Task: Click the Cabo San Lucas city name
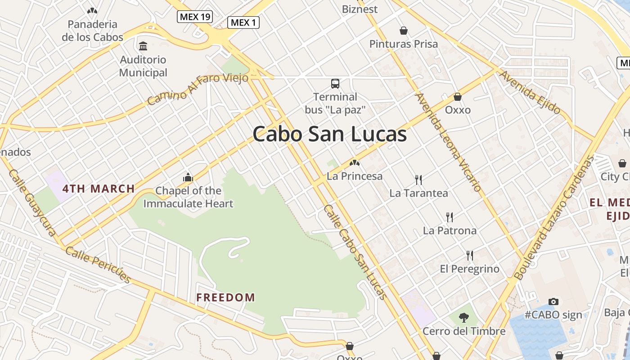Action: pyautogui.click(x=329, y=134)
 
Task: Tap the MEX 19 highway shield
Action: pyautogui.click(x=195, y=17)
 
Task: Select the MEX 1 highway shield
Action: pyautogui.click(x=243, y=22)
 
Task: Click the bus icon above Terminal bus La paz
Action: pyautogui.click(x=335, y=83)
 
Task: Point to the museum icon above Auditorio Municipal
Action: pyautogui.click(x=143, y=46)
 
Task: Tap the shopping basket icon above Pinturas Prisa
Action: pyautogui.click(x=404, y=31)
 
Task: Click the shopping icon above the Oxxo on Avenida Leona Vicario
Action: pyautogui.click(x=458, y=97)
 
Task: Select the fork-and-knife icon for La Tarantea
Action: pyautogui.click(x=418, y=180)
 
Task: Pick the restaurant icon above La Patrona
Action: pyautogui.click(x=449, y=217)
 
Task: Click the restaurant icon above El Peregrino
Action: pyautogui.click(x=470, y=256)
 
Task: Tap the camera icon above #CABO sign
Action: pyautogui.click(x=553, y=301)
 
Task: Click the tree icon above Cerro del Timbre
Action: pyautogui.click(x=463, y=318)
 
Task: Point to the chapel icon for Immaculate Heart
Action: pyautogui.click(x=188, y=177)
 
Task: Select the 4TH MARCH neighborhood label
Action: pyautogui.click(x=99, y=189)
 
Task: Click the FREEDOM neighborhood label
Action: pyautogui.click(x=226, y=297)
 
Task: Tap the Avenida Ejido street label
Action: pyautogui.click(x=530, y=92)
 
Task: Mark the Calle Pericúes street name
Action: pyautogui.click(x=98, y=265)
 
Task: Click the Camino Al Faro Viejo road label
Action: pyautogui.click(x=198, y=89)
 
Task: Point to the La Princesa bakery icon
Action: pyautogui.click(x=355, y=163)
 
